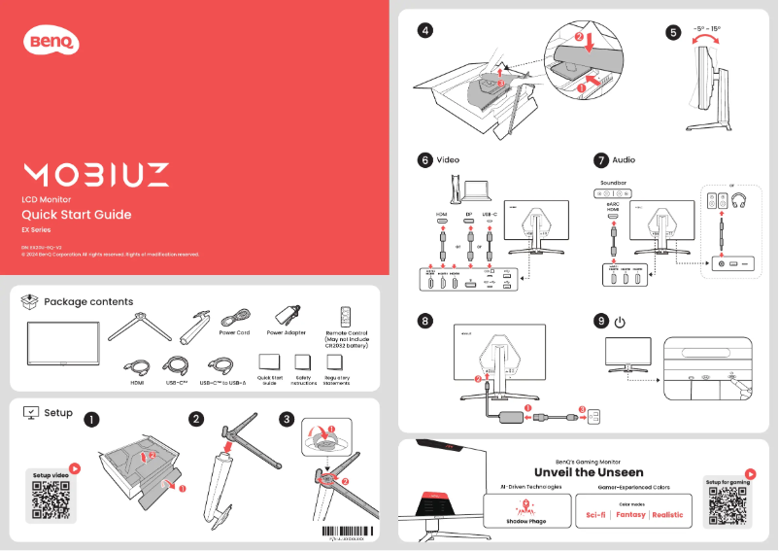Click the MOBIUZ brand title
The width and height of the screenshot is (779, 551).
[x=95, y=175]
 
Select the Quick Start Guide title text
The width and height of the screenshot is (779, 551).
[x=76, y=215]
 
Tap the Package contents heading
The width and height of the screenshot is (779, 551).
[x=88, y=302]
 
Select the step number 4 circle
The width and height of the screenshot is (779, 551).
[x=425, y=30]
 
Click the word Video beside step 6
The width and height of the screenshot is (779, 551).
[x=448, y=158]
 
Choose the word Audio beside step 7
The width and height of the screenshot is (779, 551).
[x=625, y=158]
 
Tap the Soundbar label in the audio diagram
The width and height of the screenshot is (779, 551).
[x=614, y=182]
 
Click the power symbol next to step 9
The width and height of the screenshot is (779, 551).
[x=620, y=321]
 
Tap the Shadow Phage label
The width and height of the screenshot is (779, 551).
[x=525, y=521]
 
